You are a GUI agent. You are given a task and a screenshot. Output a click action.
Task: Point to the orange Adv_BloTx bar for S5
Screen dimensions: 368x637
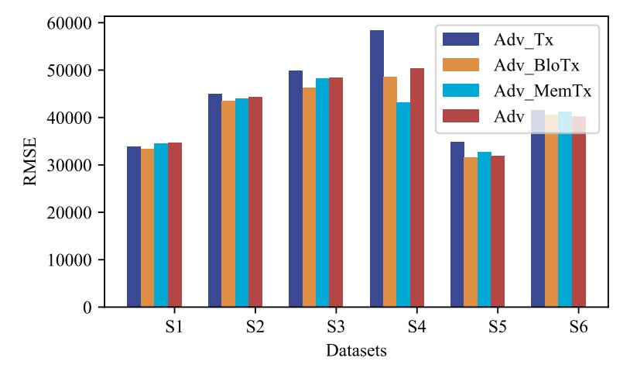click(x=471, y=232)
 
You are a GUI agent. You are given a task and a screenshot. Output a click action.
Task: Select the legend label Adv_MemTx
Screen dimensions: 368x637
click(x=543, y=91)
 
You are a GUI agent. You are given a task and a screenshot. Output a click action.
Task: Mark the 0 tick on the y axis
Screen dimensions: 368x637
click(x=87, y=308)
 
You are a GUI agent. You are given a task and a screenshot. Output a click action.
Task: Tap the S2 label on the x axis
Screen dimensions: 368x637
click(x=255, y=328)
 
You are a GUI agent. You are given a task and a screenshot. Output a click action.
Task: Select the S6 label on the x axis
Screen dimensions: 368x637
click(x=578, y=328)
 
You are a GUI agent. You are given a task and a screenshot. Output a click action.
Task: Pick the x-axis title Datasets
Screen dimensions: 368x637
click(x=356, y=351)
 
